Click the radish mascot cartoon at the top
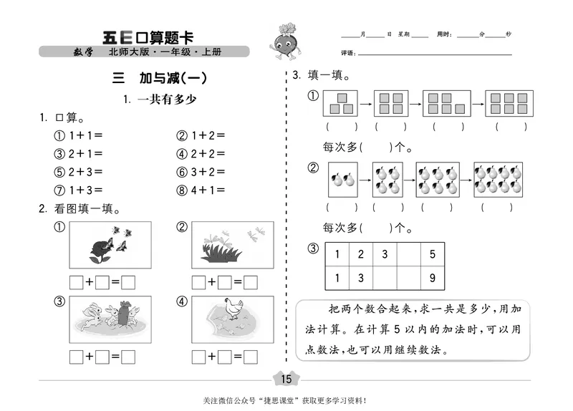(x=281, y=42)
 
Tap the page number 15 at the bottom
(x=286, y=379)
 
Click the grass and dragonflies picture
(x=232, y=245)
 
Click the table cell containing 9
(x=432, y=278)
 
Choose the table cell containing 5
(x=432, y=254)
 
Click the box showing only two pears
(x=342, y=179)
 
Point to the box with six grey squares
(x=506, y=103)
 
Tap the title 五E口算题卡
(x=148, y=37)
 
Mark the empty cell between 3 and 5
(x=408, y=254)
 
